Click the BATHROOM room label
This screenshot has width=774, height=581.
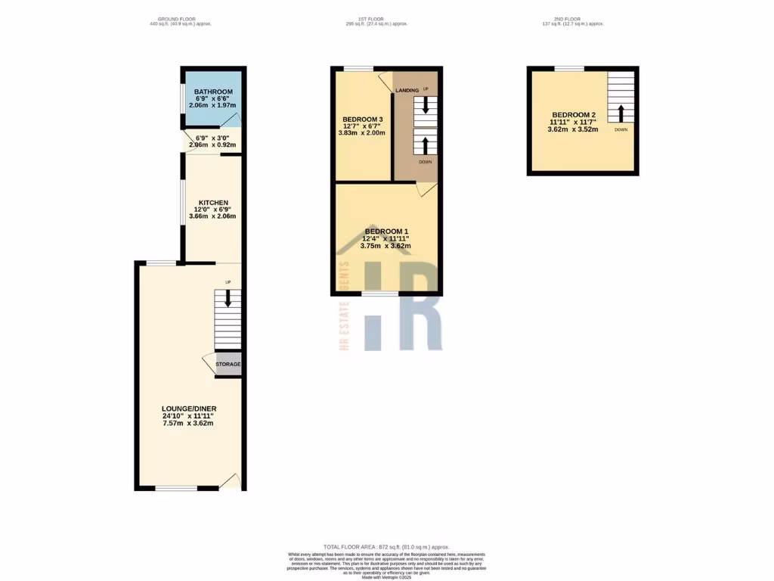tap(213, 92)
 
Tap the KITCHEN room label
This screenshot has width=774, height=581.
tap(213, 203)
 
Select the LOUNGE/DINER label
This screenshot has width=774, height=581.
tap(189, 409)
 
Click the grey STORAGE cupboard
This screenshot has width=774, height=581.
tap(228, 364)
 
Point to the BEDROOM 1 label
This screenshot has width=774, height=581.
tap(386, 231)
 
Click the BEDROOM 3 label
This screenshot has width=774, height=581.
tap(363, 120)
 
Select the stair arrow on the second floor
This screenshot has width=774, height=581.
tap(621, 113)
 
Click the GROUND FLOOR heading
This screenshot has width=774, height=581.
tap(181, 18)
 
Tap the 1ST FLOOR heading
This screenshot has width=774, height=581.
tap(376, 18)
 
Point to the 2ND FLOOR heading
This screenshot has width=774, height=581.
tap(573, 18)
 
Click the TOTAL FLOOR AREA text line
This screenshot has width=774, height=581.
tap(386, 547)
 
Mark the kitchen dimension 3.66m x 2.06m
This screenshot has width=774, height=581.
tap(212, 216)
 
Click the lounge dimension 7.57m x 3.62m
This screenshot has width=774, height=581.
tap(189, 423)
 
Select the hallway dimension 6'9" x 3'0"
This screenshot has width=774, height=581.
tap(212, 138)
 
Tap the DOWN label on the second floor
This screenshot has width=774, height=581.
tap(621, 129)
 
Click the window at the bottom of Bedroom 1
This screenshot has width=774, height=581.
tap(379, 293)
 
